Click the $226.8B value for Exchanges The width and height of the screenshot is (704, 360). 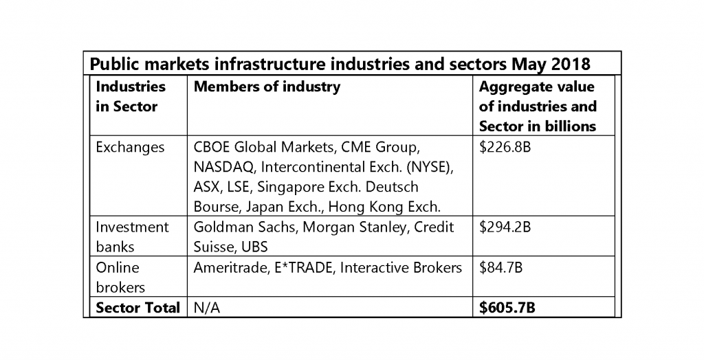(504, 147)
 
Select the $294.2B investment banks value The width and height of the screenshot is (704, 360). (504, 227)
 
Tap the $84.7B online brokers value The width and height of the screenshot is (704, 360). (500, 267)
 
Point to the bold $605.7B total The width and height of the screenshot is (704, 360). (507, 308)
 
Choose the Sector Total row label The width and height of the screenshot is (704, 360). (137, 308)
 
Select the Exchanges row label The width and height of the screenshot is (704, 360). (130, 147)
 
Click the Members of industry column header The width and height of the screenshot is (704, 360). (267, 87)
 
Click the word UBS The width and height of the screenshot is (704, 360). (254, 247)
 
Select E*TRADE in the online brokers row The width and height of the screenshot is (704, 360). (300, 267)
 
